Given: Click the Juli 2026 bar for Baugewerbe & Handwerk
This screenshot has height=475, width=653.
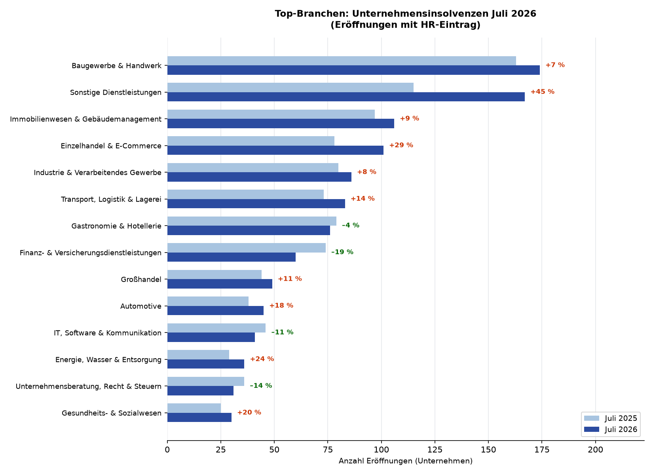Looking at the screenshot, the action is pos(353,70).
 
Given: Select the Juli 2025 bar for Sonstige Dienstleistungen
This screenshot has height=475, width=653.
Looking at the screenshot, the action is pos(290,87).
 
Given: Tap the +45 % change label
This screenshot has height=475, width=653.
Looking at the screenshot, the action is pos(543,92).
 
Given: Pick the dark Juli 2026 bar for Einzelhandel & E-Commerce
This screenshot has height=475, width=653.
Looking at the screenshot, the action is pos(275,150).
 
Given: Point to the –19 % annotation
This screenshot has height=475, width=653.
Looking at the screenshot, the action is pos(342,252).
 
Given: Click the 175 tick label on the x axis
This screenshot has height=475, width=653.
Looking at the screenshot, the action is pos(542,450).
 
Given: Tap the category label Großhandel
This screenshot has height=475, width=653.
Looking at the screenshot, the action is pos(141,279).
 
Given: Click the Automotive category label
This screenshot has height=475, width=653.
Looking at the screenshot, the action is pos(141,306).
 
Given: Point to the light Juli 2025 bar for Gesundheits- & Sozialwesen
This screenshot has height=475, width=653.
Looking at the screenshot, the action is pos(194,408).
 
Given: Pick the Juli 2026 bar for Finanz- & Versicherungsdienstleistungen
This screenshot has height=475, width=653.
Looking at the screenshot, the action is pos(232,257).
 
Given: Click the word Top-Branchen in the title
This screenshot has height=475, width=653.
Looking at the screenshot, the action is pos(311,14).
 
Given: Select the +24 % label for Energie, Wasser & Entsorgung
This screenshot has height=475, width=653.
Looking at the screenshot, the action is pos(262,359).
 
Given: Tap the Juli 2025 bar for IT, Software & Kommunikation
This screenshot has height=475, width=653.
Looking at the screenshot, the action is pos(216,328).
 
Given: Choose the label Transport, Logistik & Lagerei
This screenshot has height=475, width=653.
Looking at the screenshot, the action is pos(111,199).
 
